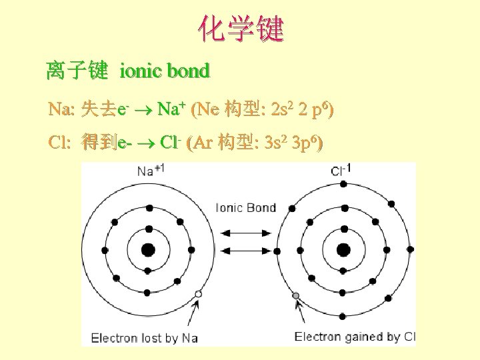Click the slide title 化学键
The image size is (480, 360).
(x=240, y=29)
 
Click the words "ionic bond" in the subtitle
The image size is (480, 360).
(x=165, y=70)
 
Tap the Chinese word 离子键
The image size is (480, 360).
(x=77, y=70)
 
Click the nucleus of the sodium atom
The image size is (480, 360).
(x=148, y=250)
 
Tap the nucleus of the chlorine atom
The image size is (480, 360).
(x=343, y=250)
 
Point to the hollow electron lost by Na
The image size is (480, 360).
(x=198, y=294)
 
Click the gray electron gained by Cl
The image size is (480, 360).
(x=296, y=295)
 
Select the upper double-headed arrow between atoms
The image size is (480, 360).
(x=245, y=233)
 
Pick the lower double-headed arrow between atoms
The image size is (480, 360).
(x=245, y=251)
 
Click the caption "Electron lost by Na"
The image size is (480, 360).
(x=145, y=337)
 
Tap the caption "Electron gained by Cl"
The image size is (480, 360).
(x=355, y=337)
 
